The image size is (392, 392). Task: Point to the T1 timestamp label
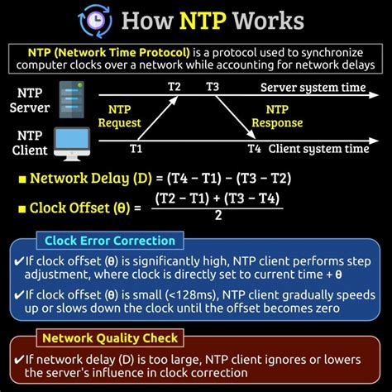point(136,150)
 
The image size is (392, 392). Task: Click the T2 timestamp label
point(174,87)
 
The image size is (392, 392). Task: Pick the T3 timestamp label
point(213,87)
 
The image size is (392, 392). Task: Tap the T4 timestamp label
point(254,150)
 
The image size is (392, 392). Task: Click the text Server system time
point(314,87)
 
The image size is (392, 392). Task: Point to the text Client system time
point(318,150)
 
